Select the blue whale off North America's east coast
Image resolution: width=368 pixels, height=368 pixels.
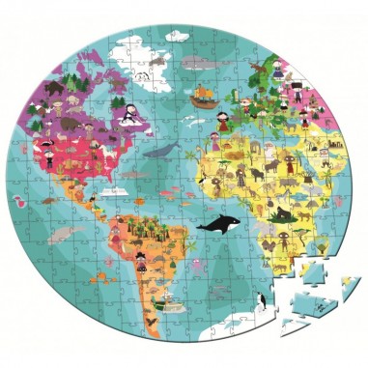[x=165, y=150]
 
